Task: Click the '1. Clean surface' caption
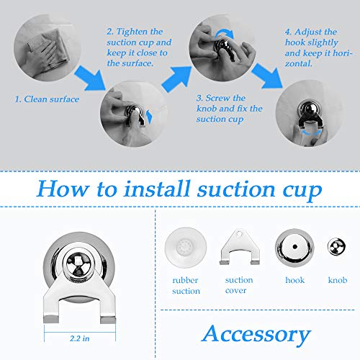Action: click(x=47, y=99)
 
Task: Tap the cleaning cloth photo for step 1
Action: click(x=48, y=48)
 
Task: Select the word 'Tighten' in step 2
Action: click(x=132, y=32)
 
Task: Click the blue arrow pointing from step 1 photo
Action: click(x=91, y=78)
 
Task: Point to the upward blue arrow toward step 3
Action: click(x=177, y=78)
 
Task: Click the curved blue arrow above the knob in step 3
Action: click(x=225, y=34)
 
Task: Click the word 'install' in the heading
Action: click(x=157, y=189)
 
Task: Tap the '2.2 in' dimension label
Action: click(x=80, y=338)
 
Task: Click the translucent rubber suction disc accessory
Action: click(x=186, y=248)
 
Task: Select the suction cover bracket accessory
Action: click(x=240, y=247)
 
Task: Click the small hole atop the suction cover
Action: click(x=239, y=233)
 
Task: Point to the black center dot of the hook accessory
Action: click(x=295, y=247)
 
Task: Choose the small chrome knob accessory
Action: click(x=336, y=247)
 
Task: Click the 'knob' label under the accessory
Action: click(x=338, y=280)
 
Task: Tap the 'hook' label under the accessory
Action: click(x=294, y=280)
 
